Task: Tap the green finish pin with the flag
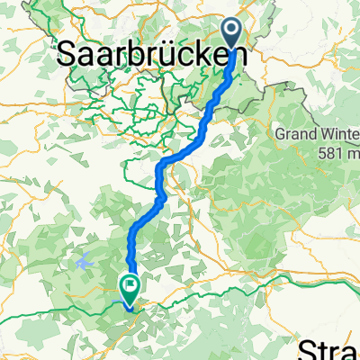pyautogui.click(x=129, y=287)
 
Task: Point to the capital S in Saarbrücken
pyautogui.click(x=66, y=55)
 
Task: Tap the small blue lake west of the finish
pyautogui.click(x=85, y=263)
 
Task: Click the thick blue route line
pyautogui.click(x=144, y=225)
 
